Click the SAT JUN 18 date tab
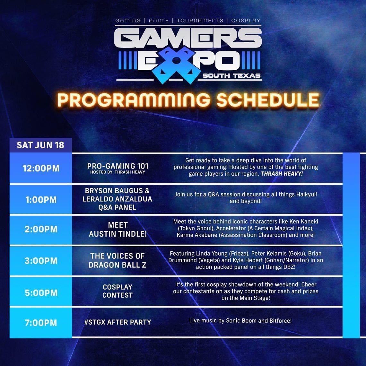[40, 145]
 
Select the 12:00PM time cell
[41, 169]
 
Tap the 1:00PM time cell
[41, 200]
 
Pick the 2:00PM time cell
[41, 229]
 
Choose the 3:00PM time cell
[41, 260]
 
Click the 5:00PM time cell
[41, 293]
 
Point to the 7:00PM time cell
[41, 322]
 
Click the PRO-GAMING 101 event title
[118, 166]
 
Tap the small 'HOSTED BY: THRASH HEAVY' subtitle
[118, 172]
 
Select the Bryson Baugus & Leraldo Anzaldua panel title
[118, 199]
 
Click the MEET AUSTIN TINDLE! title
[118, 230]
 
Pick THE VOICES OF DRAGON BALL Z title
[118, 260]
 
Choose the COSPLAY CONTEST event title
[118, 291]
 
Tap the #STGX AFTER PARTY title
[118, 322]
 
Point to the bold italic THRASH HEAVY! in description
[282, 174]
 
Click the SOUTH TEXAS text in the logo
[231, 76]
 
